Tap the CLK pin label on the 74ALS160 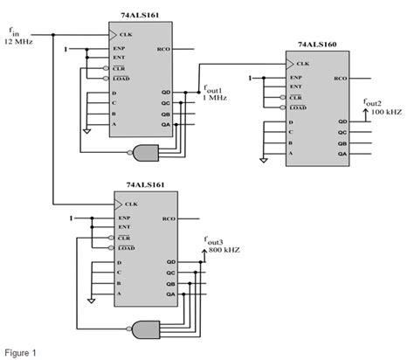pyautogui.click(x=303, y=64)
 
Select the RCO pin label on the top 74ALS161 pyautogui.click(x=163, y=50)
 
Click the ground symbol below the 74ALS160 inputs pyautogui.click(x=262, y=159)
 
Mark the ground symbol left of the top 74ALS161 pyautogui.click(x=86, y=130)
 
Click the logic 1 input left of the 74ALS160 pyautogui.click(x=249, y=79)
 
